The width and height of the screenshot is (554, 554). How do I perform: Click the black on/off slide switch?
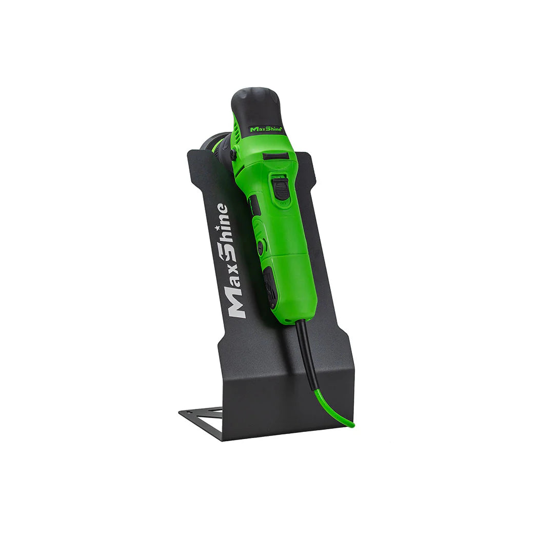click(281, 188)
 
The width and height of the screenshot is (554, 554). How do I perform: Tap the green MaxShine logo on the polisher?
click(266, 129)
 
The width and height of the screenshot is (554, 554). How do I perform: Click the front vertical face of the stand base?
click(287, 405)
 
